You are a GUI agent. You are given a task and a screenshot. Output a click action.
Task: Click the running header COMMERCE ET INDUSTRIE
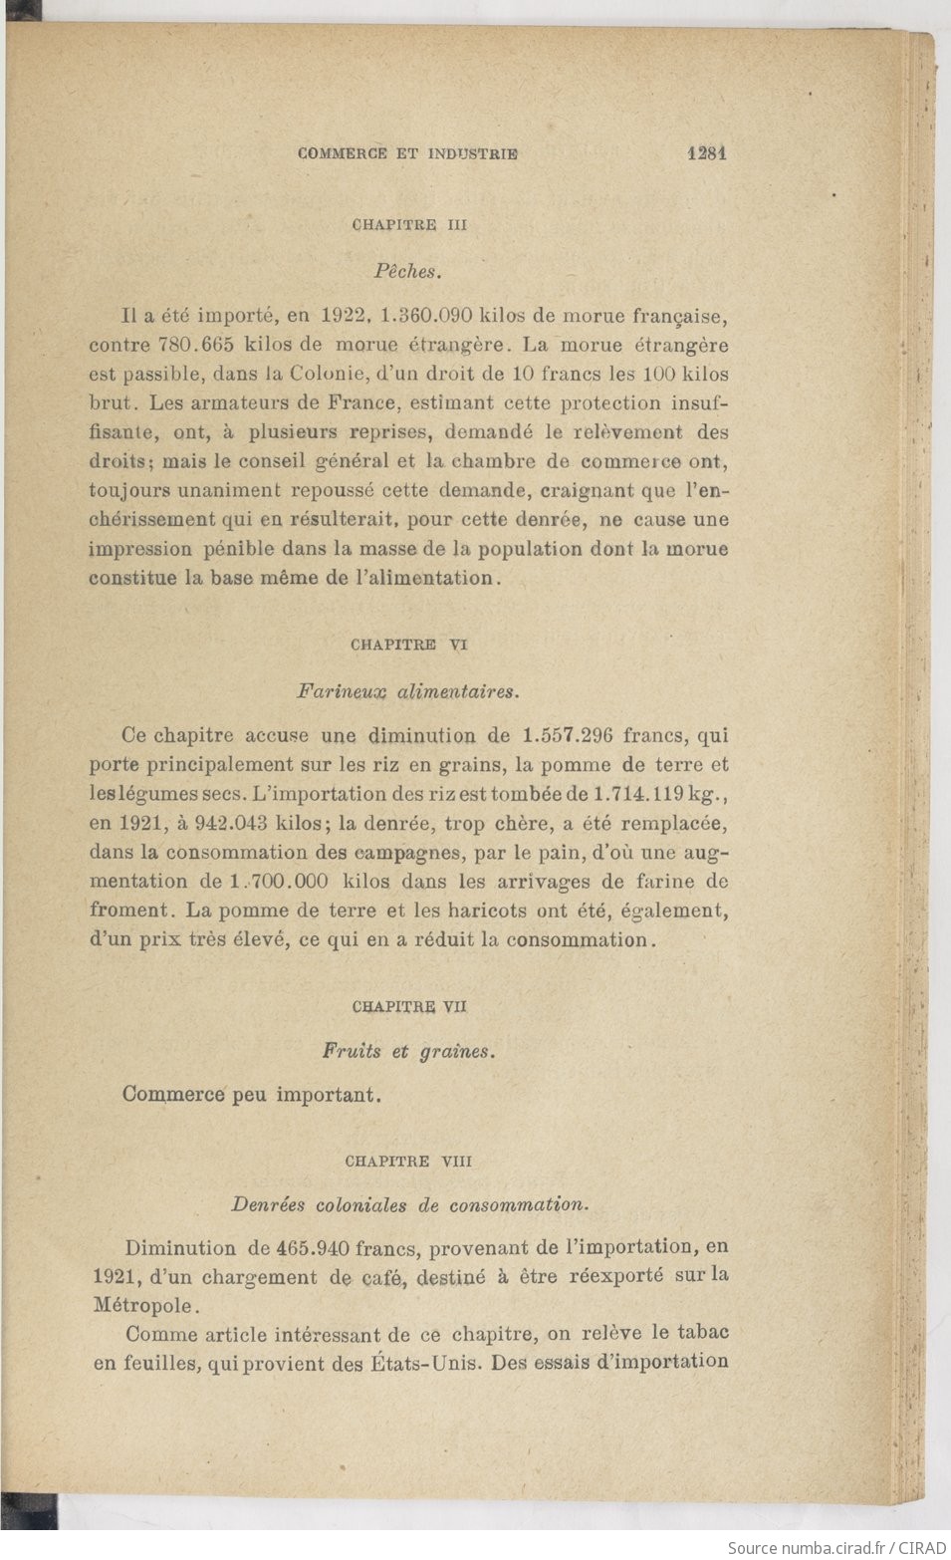408,153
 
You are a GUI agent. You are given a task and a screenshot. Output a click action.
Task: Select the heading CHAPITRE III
409,225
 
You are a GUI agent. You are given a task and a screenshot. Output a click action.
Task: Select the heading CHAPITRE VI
409,645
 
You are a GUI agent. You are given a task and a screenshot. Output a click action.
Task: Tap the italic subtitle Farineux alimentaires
408,690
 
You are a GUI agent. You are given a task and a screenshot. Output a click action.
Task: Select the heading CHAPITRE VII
409,1006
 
